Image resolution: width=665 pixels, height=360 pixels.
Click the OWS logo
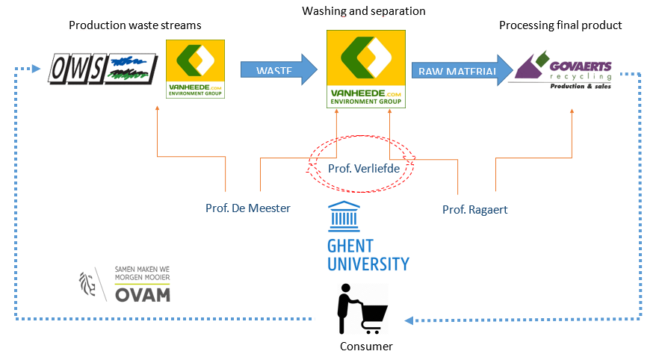click(x=103, y=69)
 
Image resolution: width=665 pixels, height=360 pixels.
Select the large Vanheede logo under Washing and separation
click(x=367, y=69)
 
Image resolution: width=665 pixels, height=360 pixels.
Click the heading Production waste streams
click(x=134, y=25)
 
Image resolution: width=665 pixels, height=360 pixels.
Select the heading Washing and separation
click(x=364, y=11)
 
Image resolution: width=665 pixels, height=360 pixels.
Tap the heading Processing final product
click(x=560, y=25)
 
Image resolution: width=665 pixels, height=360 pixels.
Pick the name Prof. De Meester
click(x=248, y=208)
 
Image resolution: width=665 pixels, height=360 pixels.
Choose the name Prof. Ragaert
click(x=474, y=210)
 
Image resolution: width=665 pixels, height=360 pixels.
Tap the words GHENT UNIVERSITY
click(x=368, y=255)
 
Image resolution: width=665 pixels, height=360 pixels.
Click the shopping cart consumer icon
click(x=361, y=308)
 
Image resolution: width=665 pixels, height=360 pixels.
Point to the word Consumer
click(x=366, y=347)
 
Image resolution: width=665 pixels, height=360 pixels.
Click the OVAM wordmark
click(x=143, y=294)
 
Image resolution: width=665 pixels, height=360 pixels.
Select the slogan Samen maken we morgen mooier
click(x=142, y=273)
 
